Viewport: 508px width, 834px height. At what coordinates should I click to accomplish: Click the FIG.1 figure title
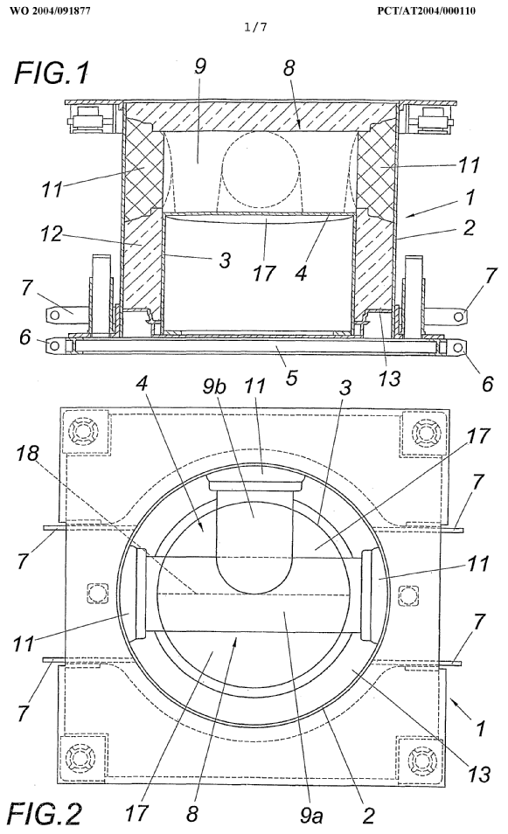click(x=52, y=73)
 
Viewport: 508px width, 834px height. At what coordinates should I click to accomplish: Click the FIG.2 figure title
click(x=47, y=813)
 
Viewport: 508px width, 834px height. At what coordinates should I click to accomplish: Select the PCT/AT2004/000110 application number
click(x=426, y=10)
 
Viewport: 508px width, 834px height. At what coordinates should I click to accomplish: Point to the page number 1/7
click(x=255, y=27)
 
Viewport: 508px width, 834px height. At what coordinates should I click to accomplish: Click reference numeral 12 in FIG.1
click(x=52, y=233)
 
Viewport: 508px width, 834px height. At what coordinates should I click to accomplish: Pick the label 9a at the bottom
click(x=310, y=814)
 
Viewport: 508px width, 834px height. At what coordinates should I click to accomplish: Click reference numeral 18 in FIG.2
click(x=27, y=453)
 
